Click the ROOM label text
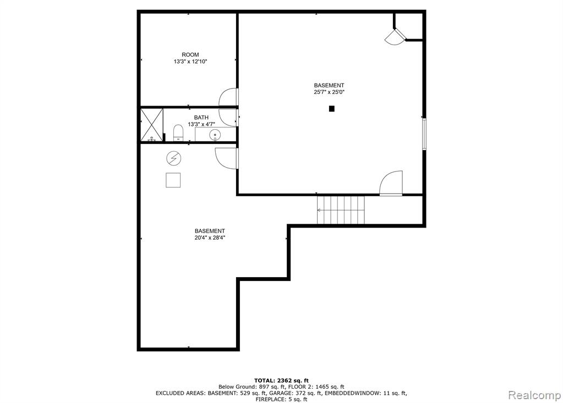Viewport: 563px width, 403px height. [x=190, y=54]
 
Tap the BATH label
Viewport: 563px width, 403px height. [x=201, y=117]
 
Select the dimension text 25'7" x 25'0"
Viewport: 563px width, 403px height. [x=329, y=92]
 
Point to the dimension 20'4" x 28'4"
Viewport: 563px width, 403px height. [x=210, y=238]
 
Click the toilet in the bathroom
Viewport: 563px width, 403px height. [x=178, y=133]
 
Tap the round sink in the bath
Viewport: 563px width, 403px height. [x=215, y=135]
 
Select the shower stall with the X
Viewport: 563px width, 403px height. [x=151, y=125]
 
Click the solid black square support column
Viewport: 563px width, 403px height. [x=332, y=109]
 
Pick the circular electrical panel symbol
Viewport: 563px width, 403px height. [x=174, y=158]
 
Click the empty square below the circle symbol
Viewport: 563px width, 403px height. [x=173, y=180]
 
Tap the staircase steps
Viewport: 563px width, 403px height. [x=341, y=209]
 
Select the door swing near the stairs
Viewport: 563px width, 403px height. [x=391, y=183]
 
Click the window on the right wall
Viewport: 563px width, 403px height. [x=424, y=134]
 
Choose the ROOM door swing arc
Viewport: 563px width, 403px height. [x=228, y=97]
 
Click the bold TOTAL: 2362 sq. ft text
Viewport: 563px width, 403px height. [x=282, y=380]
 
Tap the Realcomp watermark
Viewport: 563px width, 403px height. [x=534, y=395]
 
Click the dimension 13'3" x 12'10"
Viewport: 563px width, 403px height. [x=190, y=62]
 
